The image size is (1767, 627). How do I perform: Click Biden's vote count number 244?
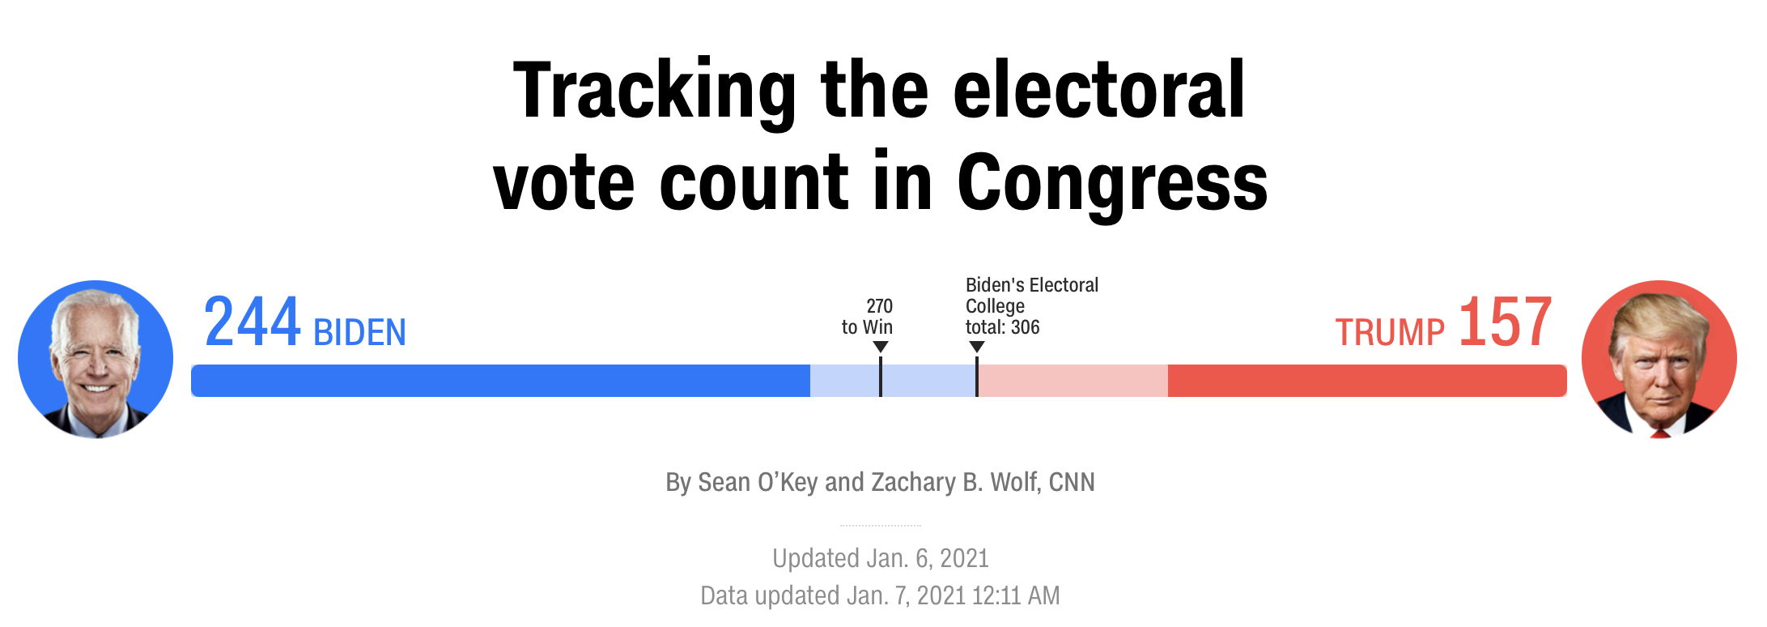(252, 323)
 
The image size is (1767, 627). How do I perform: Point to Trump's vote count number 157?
(1505, 323)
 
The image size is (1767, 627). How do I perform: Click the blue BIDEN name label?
(359, 333)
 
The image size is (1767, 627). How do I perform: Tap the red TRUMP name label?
(1389, 333)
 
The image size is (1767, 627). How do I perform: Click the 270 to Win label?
(867, 317)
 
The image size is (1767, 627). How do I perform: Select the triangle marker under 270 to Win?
(881, 347)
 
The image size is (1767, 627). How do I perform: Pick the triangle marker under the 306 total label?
(977, 347)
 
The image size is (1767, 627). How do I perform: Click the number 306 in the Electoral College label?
(1025, 327)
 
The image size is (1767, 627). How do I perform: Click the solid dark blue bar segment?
(500, 381)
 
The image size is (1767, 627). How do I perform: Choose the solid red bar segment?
(1366, 381)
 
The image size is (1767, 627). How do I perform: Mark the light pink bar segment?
(1073, 381)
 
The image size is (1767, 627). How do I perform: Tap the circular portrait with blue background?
(96, 359)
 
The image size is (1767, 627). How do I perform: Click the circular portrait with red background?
(1659, 359)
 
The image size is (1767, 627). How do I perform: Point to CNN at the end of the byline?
(1072, 483)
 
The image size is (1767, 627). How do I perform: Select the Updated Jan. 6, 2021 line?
(880, 558)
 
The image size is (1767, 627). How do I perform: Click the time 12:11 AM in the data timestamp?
(1016, 596)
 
